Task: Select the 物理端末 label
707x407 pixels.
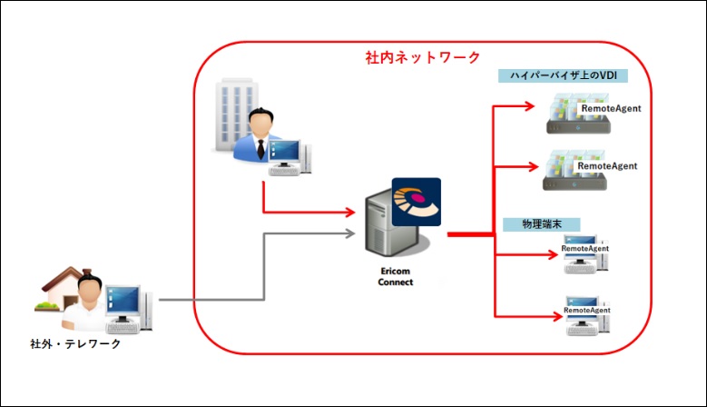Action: pos(540,223)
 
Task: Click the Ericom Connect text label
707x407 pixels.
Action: pos(395,276)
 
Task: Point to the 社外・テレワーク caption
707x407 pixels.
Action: pos(74,343)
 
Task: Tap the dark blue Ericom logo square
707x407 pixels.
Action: pos(417,201)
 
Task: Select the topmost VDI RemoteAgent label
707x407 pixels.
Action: pos(611,108)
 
